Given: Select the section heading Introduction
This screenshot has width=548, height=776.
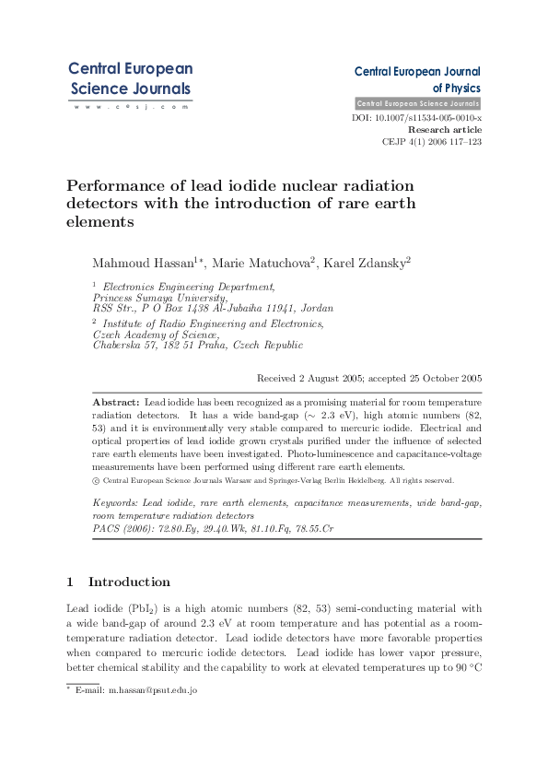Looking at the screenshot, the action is (129, 582).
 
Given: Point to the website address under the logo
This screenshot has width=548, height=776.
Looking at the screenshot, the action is (130, 107).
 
